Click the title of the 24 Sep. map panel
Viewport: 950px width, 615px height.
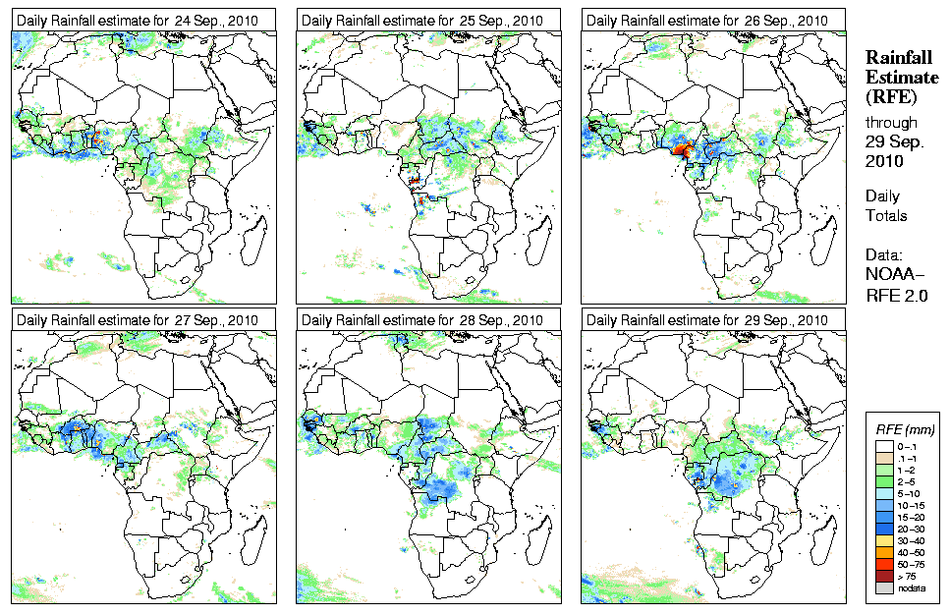(x=138, y=21)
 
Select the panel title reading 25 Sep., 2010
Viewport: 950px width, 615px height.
(x=422, y=21)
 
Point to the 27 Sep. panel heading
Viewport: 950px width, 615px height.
(x=138, y=320)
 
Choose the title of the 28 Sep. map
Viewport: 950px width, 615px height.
(x=422, y=320)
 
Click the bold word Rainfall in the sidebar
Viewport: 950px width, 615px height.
(x=898, y=59)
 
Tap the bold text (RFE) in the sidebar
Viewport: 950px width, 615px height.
(x=890, y=96)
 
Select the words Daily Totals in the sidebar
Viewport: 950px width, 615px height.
(x=885, y=205)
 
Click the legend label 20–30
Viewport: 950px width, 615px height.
(x=914, y=529)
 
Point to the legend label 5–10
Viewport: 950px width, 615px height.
(x=913, y=492)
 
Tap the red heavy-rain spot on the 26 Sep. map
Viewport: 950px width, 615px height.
(x=680, y=150)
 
